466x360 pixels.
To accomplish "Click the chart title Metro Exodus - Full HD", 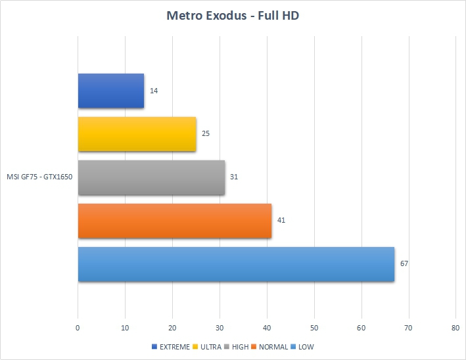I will point(233,15).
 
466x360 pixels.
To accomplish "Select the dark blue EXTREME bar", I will point(110,91).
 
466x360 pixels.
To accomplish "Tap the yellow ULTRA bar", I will point(137,134).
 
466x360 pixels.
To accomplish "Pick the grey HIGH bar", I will point(151,177).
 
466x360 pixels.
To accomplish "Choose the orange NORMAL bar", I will point(175,221).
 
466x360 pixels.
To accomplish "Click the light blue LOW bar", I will point(236,264).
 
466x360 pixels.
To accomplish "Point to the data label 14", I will point(153,91).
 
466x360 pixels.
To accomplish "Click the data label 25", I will point(206,134).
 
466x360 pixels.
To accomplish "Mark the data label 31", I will point(234,177).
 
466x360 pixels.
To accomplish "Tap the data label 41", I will point(281,221).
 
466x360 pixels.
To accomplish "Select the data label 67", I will point(404,264).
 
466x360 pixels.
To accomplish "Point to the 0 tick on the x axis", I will point(78,327).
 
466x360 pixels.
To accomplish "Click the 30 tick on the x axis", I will point(220,327).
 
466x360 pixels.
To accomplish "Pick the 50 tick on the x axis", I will point(314,327).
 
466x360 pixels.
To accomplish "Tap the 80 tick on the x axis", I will point(456,327).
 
